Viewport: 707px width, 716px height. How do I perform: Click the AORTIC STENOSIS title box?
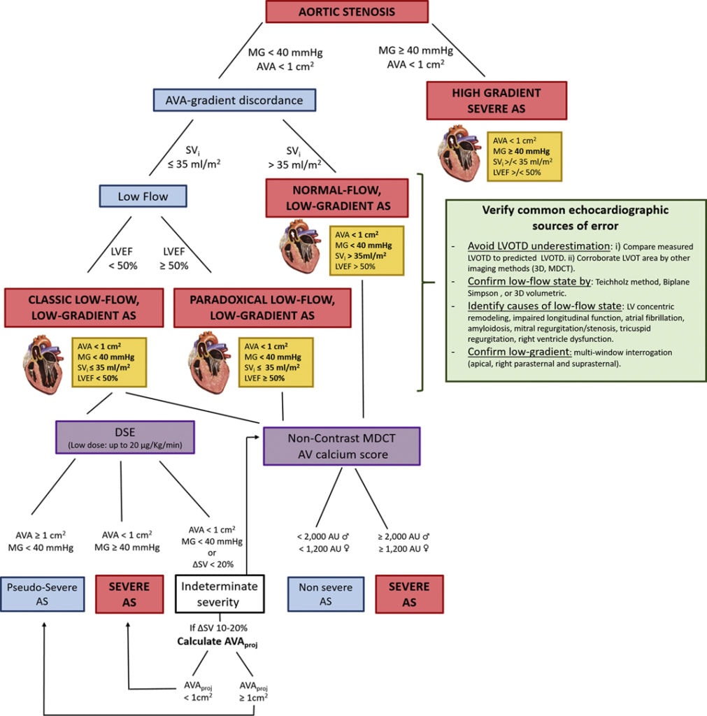pyautogui.click(x=347, y=12)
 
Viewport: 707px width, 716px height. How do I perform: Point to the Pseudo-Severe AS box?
pyautogui.click(x=43, y=594)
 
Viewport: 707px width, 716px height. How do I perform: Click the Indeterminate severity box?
pyautogui.click(x=219, y=594)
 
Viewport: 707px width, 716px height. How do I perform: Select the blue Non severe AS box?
pyautogui.click(x=326, y=594)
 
